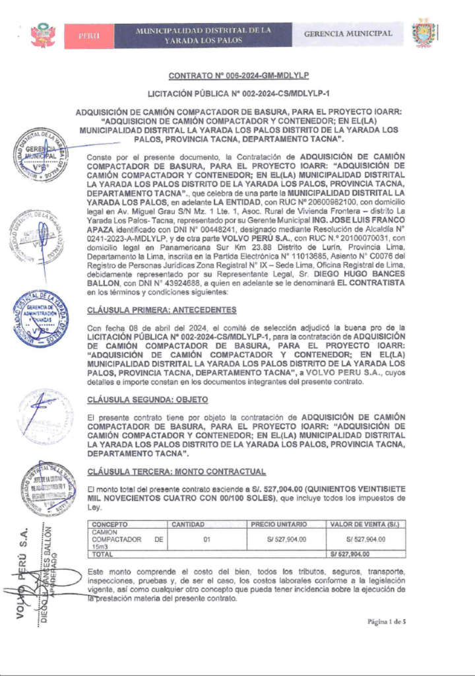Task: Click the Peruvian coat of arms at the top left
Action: (43, 34)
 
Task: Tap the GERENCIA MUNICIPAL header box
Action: (348, 34)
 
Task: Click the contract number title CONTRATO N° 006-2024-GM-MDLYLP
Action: (243, 77)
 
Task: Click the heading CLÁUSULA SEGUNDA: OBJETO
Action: (148, 399)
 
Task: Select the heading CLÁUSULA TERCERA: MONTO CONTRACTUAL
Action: (177, 471)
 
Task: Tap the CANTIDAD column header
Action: (189, 524)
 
